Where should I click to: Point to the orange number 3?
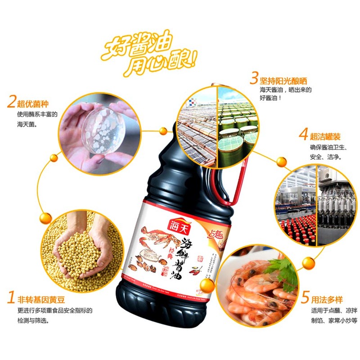254,78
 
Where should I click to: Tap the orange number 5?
306,297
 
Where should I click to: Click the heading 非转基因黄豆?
43,298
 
